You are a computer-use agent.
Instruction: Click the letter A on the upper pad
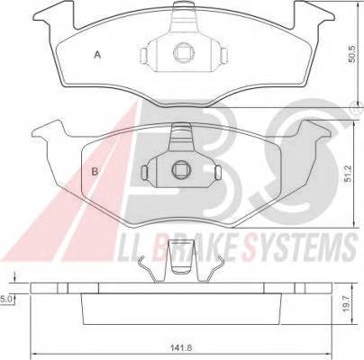point(97,55)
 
